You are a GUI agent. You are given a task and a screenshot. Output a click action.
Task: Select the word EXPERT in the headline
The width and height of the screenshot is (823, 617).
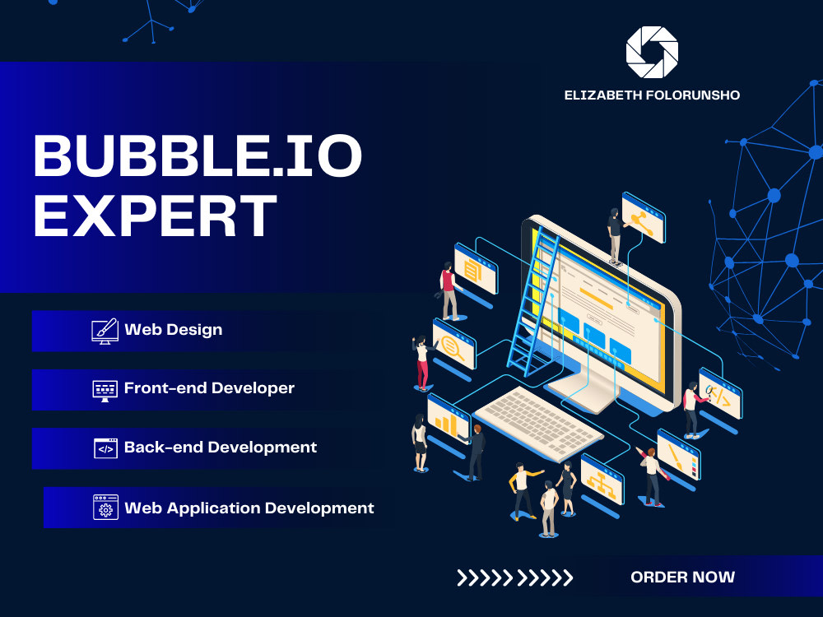[x=156, y=216]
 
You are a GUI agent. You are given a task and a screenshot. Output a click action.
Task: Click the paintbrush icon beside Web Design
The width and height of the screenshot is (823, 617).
[x=105, y=331]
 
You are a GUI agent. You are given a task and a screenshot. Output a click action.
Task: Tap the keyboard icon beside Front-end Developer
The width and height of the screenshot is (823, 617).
[x=105, y=389]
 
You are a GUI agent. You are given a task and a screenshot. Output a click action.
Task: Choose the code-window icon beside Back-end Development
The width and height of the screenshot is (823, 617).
[x=105, y=448]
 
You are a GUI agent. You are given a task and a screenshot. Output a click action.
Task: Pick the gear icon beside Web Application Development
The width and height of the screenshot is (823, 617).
[x=105, y=508]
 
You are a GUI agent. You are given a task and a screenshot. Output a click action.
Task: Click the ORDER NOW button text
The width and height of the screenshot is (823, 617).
[x=682, y=578]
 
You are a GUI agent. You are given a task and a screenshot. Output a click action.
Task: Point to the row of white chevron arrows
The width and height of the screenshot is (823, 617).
[x=515, y=578]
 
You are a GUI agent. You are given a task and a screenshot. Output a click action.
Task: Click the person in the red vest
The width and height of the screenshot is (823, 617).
[x=448, y=290]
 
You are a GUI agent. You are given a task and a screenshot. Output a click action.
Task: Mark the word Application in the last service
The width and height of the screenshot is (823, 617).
[x=218, y=508]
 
